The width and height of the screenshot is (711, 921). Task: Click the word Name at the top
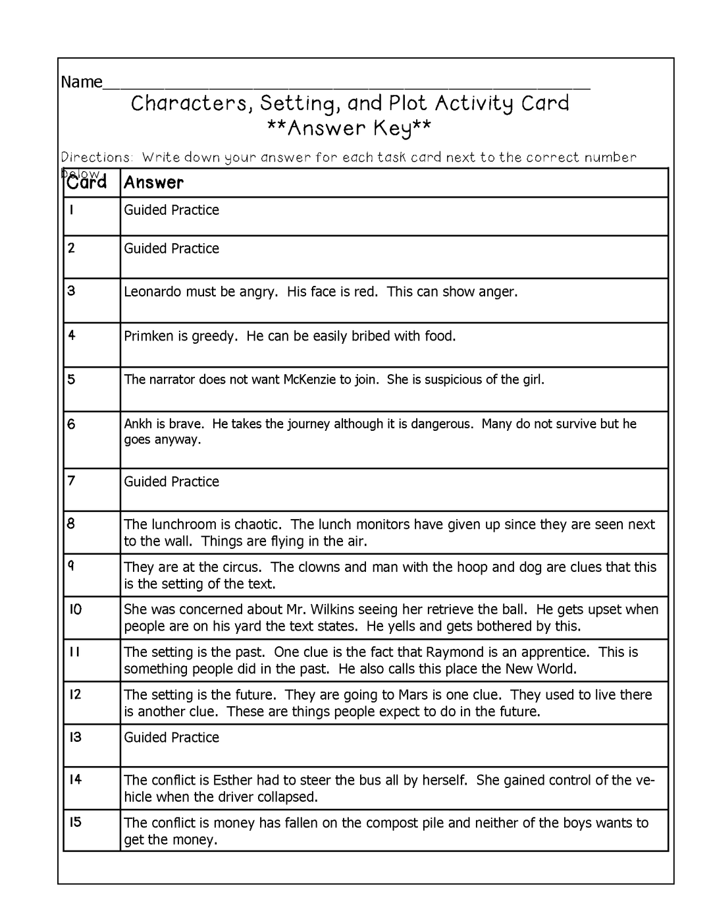[82, 82]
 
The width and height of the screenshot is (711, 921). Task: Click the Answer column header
[153, 182]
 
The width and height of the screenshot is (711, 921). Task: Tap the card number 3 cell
[71, 291]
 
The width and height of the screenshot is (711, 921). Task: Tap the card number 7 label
[71, 481]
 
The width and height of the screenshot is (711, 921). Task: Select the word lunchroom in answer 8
[183, 524]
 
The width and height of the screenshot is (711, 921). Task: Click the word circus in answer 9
[242, 567]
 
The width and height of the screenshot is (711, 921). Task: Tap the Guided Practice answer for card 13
[171, 737]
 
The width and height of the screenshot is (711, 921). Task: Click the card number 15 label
[76, 822]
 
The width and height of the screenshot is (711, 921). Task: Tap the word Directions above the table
[97, 157]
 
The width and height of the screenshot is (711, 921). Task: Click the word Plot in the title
[408, 103]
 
